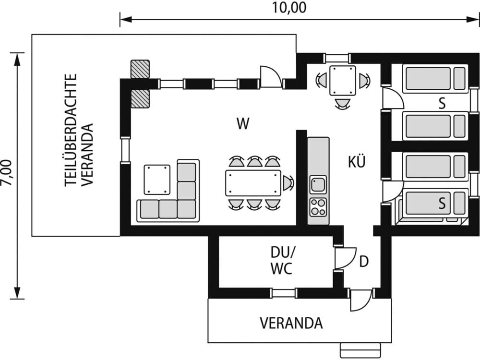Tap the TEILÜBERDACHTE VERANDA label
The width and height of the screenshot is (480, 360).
(x=79, y=130)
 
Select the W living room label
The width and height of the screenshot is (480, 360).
(x=243, y=124)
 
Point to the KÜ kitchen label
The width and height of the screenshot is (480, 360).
(x=357, y=162)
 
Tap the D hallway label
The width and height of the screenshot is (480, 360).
(x=364, y=262)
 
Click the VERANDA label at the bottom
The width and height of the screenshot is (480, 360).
(x=291, y=323)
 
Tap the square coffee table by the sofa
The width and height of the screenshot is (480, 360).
(x=157, y=179)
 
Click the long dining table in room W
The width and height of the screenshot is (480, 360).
(x=253, y=183)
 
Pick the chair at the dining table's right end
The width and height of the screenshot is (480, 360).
(x=288, y=183)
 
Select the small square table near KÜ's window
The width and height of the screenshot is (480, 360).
(x=343, y=81)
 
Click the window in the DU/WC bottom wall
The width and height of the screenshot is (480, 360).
(x=283, y=293)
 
